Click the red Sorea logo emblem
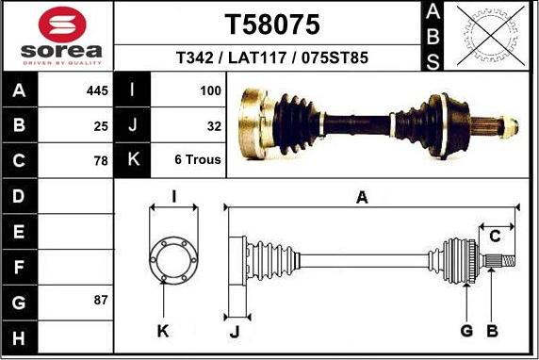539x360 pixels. [62, 25]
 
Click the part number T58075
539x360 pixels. [272, 25]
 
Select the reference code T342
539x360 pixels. [194, 57]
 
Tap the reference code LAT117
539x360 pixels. [257, 57]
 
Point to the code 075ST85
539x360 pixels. [335, 57]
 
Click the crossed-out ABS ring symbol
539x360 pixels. [491, 36]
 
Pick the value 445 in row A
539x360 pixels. [97, 90]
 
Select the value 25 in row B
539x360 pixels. [101, 126]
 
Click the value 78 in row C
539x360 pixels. [101, 160]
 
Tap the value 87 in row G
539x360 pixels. [101, 300]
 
